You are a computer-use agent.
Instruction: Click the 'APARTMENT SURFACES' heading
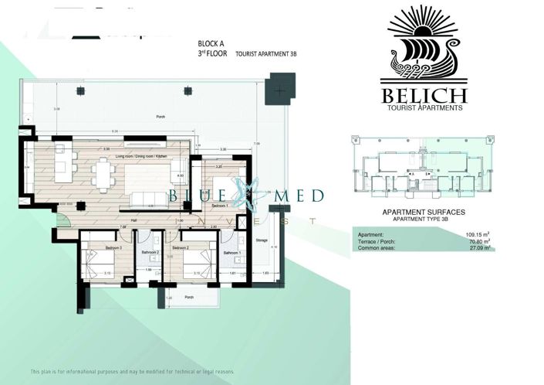tap(424, 211)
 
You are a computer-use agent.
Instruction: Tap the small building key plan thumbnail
tap(423, 172)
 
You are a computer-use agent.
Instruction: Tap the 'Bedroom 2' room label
tap(181, 247)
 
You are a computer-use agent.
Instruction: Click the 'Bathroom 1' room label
tap(232, 253)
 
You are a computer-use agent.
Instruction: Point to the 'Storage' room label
tap(262, 240)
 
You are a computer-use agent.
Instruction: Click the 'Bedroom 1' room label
tap(219, 206)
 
